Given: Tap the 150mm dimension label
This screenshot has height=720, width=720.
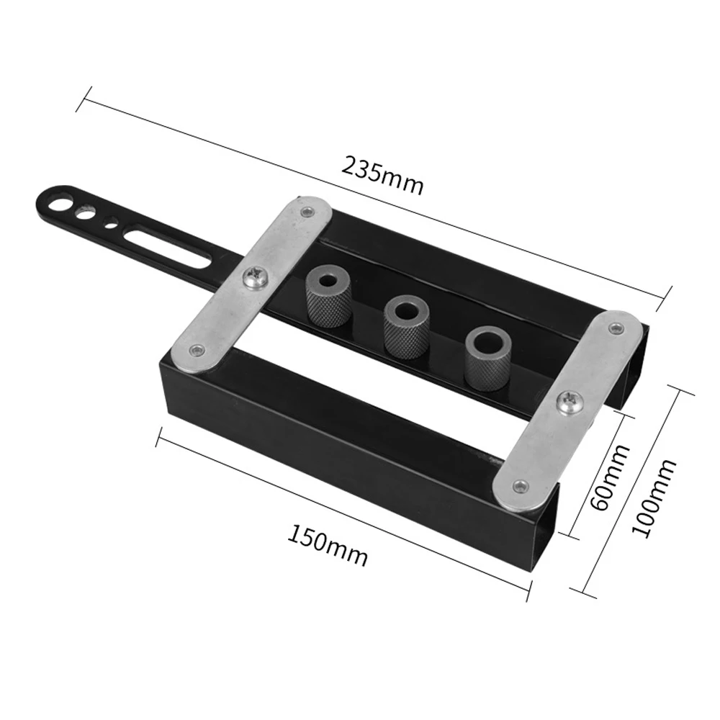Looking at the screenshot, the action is pyautogui.click(x=328, y=546).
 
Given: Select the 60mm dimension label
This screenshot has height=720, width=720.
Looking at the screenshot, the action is pyautogui.click(x=609, y=477).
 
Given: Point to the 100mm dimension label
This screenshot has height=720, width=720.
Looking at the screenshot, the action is pyautogui.click(x=654, y=498).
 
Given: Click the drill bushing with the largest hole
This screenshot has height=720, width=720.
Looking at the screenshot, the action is pyautogui.click(x=488, y=358).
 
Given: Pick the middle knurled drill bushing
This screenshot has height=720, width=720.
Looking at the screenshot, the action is pyautogui.click(x=406, y=326).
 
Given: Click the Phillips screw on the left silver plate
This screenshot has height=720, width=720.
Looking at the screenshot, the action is pyautogui.click(x=256, y=277).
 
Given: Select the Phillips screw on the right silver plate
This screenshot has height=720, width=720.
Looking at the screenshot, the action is pyautogui.click(x=569, y=404).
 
